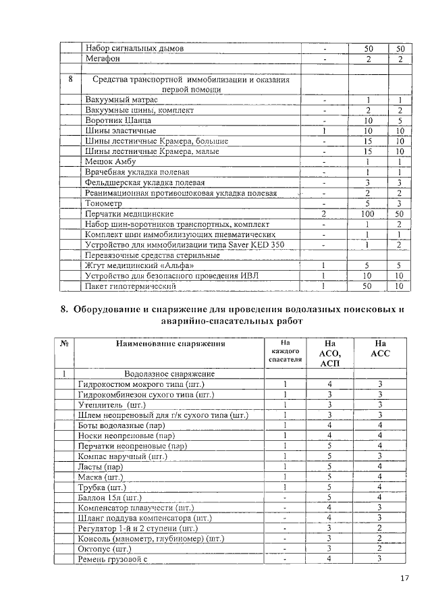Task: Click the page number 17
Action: tap(404, 578)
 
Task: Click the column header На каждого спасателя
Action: tap(284, 352)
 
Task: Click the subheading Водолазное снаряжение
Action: tap(169, 373)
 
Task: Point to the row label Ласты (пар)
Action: tap(100, 467)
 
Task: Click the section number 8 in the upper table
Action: tap(71, 80)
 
